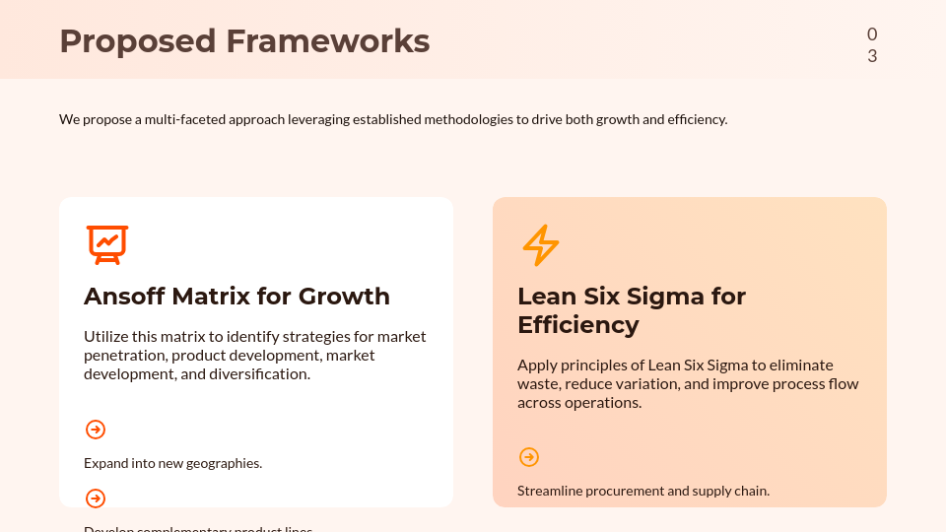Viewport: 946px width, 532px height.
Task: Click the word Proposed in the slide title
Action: (x=137, y=41)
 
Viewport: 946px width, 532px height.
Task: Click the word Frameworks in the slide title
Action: (x=327, y=41)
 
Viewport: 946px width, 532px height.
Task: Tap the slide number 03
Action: (x=872, y=45)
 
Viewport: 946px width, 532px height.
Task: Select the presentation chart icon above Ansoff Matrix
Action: (x=107, y=244)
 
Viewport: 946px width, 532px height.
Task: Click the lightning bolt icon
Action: (x=540, y=245)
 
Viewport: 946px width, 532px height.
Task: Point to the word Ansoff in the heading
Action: (x=124, y=297)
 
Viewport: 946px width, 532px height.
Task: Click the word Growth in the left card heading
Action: (x=344, y=297)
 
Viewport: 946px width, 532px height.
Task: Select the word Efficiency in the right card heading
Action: (x=577, y=325)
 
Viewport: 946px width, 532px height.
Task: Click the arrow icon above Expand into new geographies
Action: (x=96, y=430)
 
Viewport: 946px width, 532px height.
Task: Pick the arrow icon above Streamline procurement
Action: (x=529, y=457)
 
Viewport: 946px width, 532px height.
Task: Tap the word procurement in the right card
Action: (x=626, y=491)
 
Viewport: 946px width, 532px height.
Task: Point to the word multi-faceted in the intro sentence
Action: (x=186, y=119)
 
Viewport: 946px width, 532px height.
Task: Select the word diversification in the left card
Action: (x=260, y=374)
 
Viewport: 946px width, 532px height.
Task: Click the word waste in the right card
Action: (x=538, y=384)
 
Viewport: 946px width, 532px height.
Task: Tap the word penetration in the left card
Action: (x=124, y=355)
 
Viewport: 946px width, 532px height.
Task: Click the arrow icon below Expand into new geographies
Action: (x=96, y=499)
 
